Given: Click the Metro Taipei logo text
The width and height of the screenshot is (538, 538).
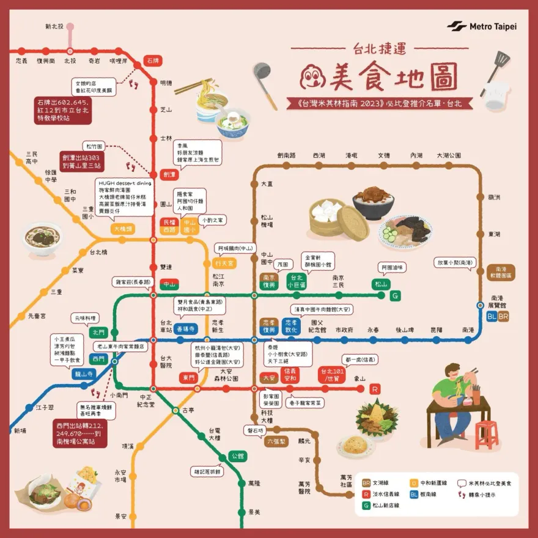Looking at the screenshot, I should click(493, 26).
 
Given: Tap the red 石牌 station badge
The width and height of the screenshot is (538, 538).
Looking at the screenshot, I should click(152, 61).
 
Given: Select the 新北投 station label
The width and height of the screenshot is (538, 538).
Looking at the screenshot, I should click(55, 27).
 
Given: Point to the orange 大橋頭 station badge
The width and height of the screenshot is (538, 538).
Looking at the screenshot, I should click(123, 229).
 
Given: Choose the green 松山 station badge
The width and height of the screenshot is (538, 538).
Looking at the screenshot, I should click(380, 284).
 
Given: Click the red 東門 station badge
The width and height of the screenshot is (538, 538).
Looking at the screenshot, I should click(190, 378).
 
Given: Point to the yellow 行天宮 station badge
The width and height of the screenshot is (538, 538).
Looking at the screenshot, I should click(224, 263).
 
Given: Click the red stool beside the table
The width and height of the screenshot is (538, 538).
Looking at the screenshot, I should click(487, 433).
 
